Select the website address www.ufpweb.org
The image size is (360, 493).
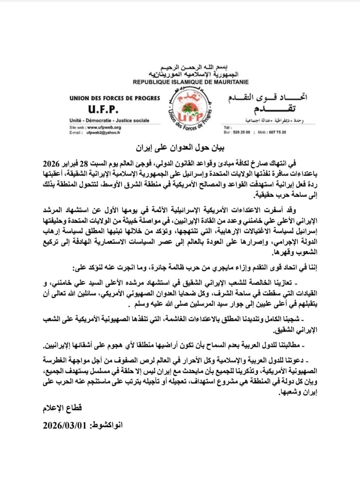[104, 128]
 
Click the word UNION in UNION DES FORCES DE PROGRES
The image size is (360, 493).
[79, 98]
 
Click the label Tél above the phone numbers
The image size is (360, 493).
[228, 128]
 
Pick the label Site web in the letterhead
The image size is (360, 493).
[77, 128]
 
